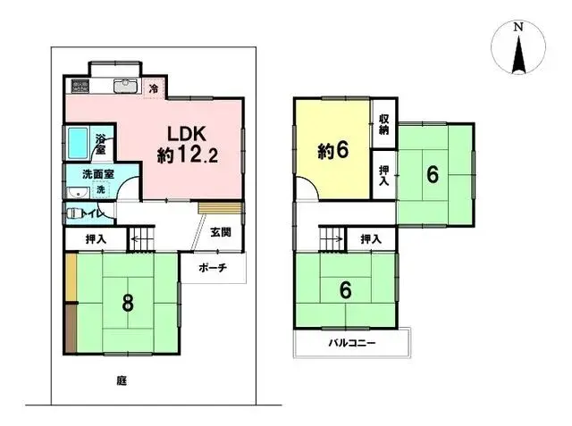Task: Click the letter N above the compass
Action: (x=518, y=27)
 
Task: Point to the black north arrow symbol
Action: (x=518, y=54)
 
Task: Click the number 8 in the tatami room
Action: (x=128, y=303)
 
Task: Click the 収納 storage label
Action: (x=383, y=124)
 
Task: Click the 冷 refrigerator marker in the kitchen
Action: (x=153, y=88)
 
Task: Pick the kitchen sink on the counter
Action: (x=124, y=87)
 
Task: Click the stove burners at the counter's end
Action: (x=79, y=87)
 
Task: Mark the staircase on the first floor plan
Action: (x=143, y=238)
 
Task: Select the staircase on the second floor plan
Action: (x=332, y=238)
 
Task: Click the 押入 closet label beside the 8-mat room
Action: (x=96, y=239)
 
